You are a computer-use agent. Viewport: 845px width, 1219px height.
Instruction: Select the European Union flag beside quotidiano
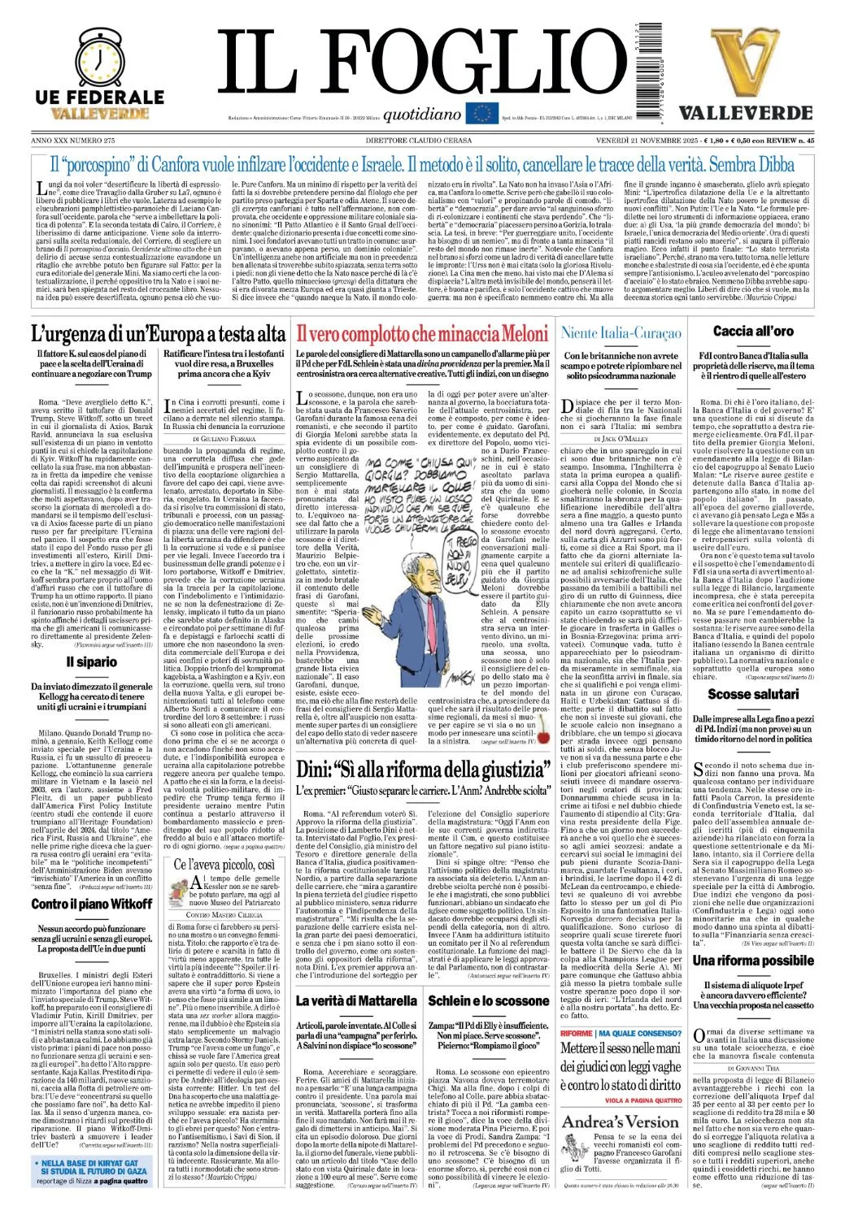coord(481,114)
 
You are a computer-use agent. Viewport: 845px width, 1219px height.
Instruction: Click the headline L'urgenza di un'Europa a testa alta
coord(158,333)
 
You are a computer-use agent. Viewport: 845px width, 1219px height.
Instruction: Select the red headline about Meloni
coord(421,333)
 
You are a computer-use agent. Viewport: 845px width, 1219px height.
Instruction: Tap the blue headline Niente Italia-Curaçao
coord(621,332)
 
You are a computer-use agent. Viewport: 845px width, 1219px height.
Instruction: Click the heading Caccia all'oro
coord(753,331)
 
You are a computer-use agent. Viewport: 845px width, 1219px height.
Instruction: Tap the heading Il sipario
coord(91,662)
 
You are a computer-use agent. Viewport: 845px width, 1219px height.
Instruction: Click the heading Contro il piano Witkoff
coord(91,904)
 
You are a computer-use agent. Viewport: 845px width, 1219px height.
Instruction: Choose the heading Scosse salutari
coord(753,694)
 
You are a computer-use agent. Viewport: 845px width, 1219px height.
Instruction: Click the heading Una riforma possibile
coord(753,961)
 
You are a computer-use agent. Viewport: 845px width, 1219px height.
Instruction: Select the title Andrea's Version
coord(620,1121)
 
